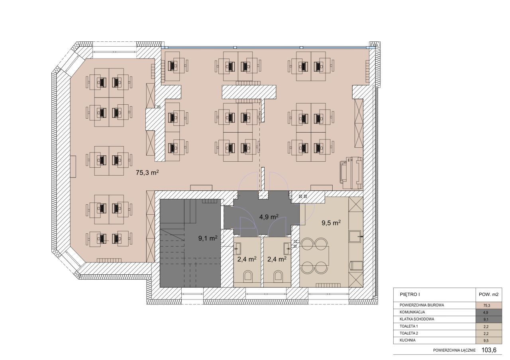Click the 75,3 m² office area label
point(147,172)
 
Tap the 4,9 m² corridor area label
point(269,217)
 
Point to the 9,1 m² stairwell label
point(208,238)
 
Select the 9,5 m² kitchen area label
point(331,223)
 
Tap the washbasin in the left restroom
point(238,248)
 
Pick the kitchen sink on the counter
point(355,237)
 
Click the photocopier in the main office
point(351,173)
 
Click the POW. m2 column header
point(488,294)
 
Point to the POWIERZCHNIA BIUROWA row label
point(422,305)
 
